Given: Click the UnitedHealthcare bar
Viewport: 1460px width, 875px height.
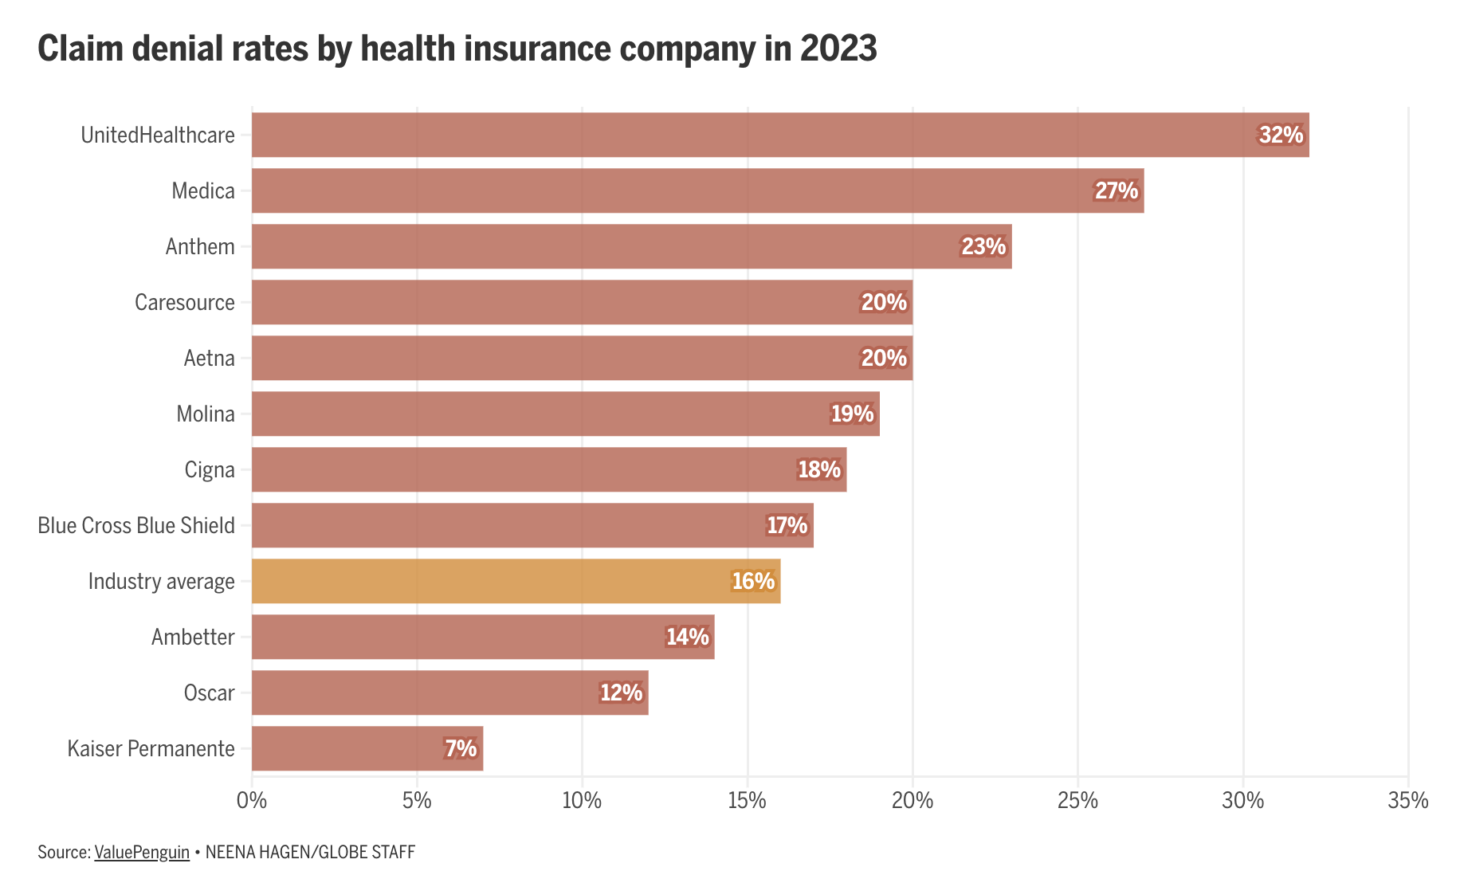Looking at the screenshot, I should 779,135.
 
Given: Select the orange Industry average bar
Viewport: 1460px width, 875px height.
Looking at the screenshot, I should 516,581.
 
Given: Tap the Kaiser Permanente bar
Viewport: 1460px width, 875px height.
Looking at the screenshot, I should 367,748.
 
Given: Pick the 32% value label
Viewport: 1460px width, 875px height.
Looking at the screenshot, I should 1281,135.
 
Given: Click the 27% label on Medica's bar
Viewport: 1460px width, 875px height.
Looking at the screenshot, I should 1116,190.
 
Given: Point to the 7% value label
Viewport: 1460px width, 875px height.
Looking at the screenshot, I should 461,748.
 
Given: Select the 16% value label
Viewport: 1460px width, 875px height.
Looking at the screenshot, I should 753,581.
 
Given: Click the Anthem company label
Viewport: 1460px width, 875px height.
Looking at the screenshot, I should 200,246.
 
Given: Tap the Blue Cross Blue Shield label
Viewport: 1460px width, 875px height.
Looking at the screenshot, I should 136,525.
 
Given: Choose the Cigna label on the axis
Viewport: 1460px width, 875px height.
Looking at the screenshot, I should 210,469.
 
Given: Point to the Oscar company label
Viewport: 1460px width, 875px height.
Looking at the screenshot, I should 209,693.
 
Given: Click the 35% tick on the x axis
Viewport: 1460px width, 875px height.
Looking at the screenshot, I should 1407,800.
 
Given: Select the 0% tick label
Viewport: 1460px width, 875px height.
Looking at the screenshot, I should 252,800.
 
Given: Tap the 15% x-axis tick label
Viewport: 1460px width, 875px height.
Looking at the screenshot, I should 748,800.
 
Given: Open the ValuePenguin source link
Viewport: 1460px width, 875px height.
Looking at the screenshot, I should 142,852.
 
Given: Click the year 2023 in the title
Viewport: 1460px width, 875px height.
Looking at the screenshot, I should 838,49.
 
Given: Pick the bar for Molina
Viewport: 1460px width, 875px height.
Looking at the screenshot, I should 565,414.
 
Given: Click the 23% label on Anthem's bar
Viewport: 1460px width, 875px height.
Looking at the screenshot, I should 983,246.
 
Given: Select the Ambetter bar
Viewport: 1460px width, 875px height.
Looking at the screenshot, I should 483,637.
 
